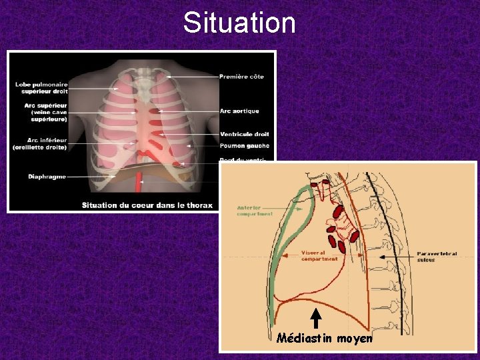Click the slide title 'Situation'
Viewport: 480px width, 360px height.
pyautogui.click(x=239, y=23)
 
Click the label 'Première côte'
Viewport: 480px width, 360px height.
pyautogui.click(x=241, y=77)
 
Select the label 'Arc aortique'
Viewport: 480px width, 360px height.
pyautogui.click(x=239, y=111)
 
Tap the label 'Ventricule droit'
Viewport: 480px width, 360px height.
pyautogui.click(x=244, y=135)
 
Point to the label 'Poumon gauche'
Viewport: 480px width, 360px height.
pyautogui.click(x=243, y=146)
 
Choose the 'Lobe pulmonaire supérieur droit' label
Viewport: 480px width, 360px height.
pyautogui.click(x=41, y=87)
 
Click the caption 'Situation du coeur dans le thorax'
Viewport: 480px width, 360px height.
pyautogui.click(x=147, y=205)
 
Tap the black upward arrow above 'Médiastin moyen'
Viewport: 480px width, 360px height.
pyautogui.click(x=317, y=318)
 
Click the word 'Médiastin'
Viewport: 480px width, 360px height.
pyautogui.click(x=305, y=338)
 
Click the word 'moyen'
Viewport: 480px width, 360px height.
pyautogui.click(x=355, y=339)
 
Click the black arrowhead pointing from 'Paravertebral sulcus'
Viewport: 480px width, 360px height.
pyautogui.click(x=382, y=255)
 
